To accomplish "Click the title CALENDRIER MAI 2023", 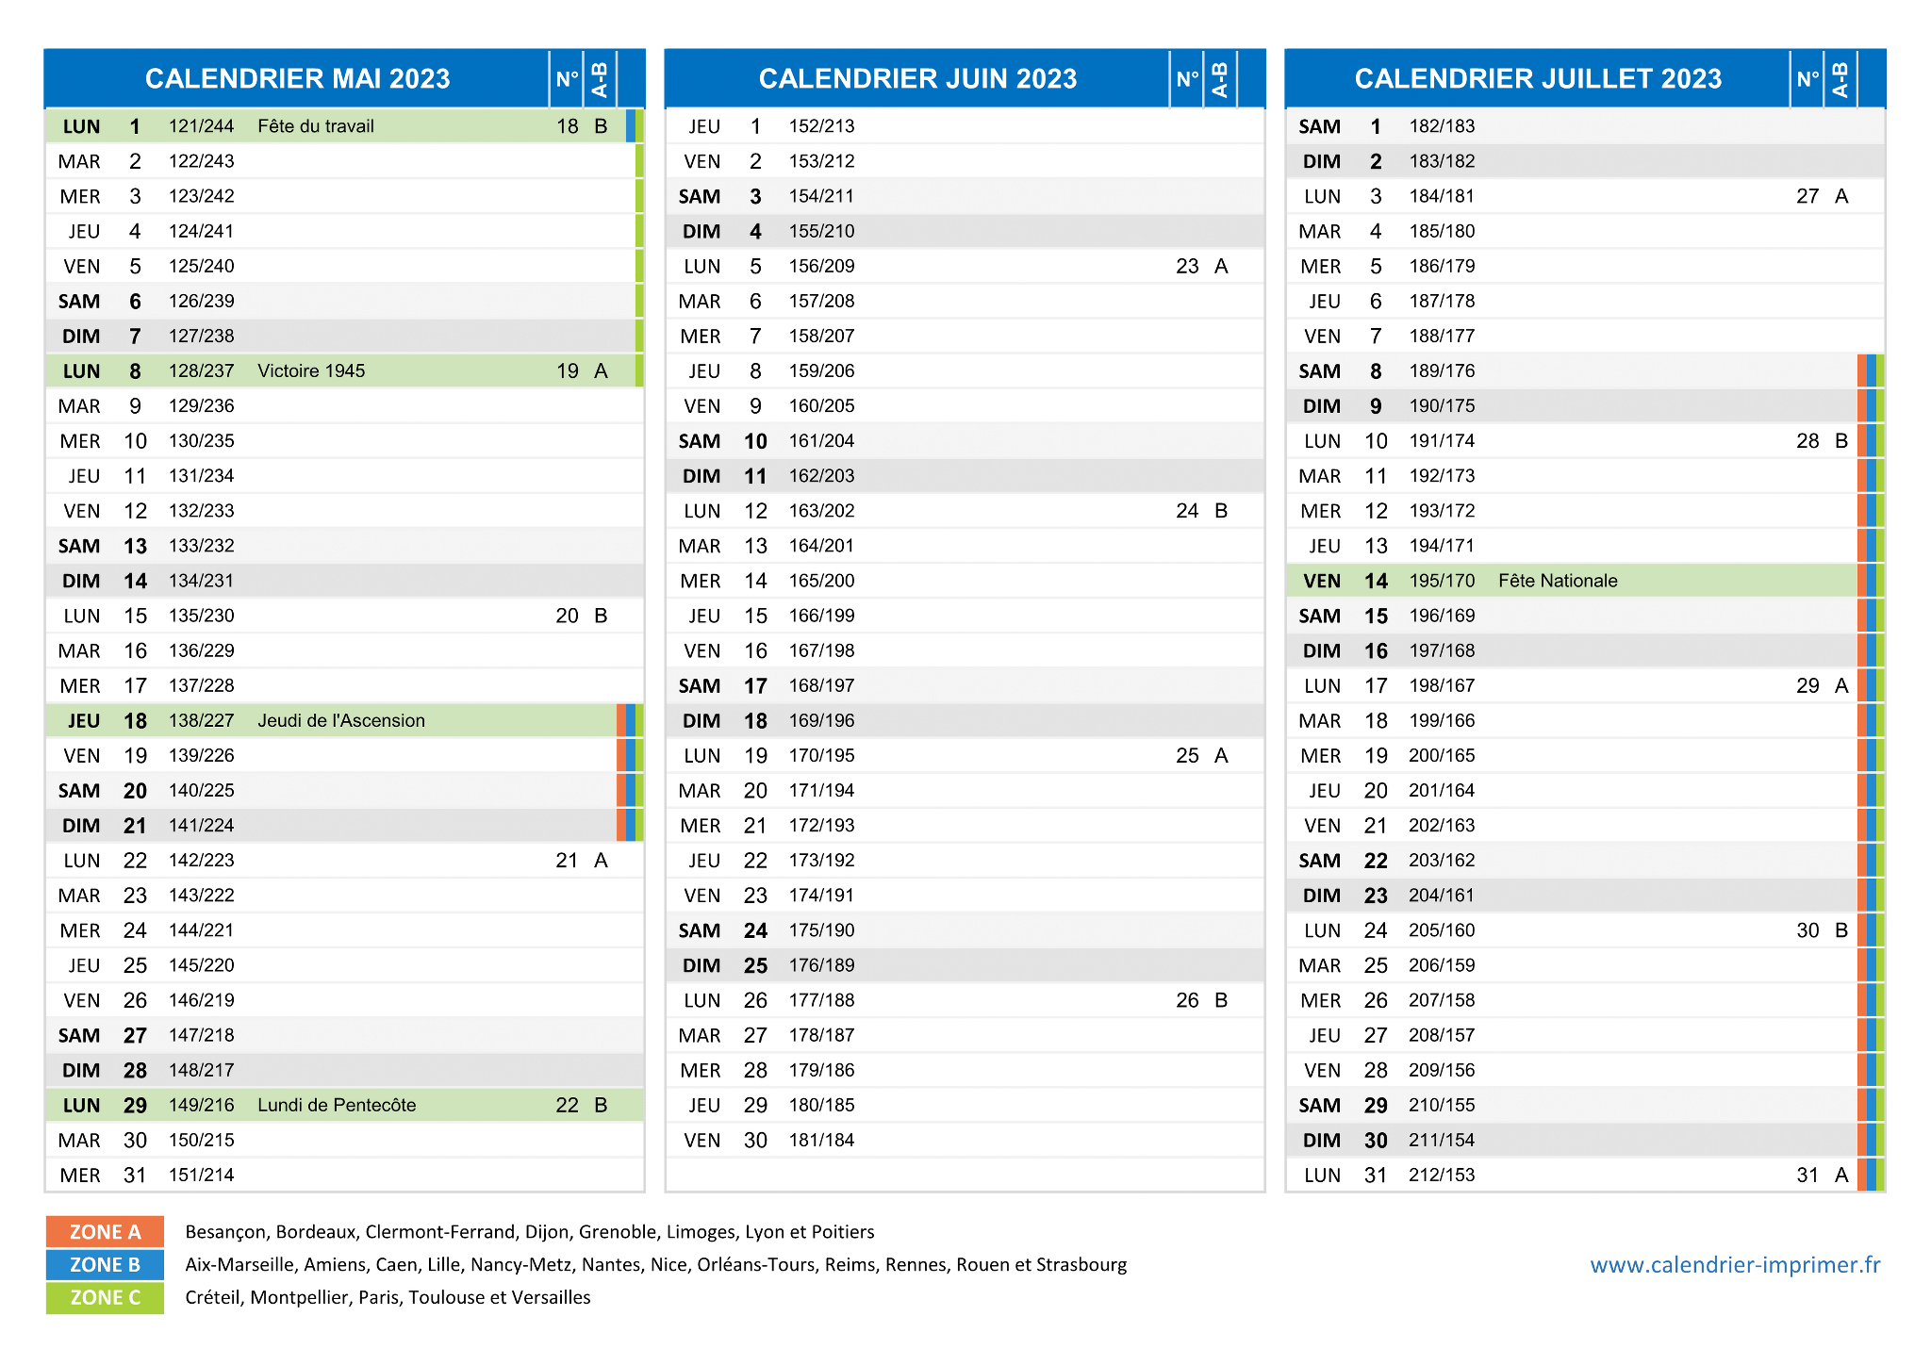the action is pos(297,78).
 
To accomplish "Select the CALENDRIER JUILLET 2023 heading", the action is pos(1538,78).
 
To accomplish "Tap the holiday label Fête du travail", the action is pos(316,126).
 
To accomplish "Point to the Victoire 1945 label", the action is pos(311,371).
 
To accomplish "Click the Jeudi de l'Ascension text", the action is pos(341,721).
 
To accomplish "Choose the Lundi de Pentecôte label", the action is pos(337,1105).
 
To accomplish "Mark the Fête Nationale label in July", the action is pos(1558,581).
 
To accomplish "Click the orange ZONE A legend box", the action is pos(105,1232).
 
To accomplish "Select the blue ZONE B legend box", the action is pos(105,1265).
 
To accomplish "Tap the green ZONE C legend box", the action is pos(105,1298).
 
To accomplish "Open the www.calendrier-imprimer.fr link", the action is pos(1735,1265).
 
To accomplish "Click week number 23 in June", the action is pos(1187,267).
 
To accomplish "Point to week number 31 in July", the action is pos(1807,1176).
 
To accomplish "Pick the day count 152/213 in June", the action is pos(822,126).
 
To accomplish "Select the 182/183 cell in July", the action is pos(1443,126).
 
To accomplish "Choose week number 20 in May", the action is pos(567,617).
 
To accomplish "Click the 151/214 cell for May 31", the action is pos(202,1176).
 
